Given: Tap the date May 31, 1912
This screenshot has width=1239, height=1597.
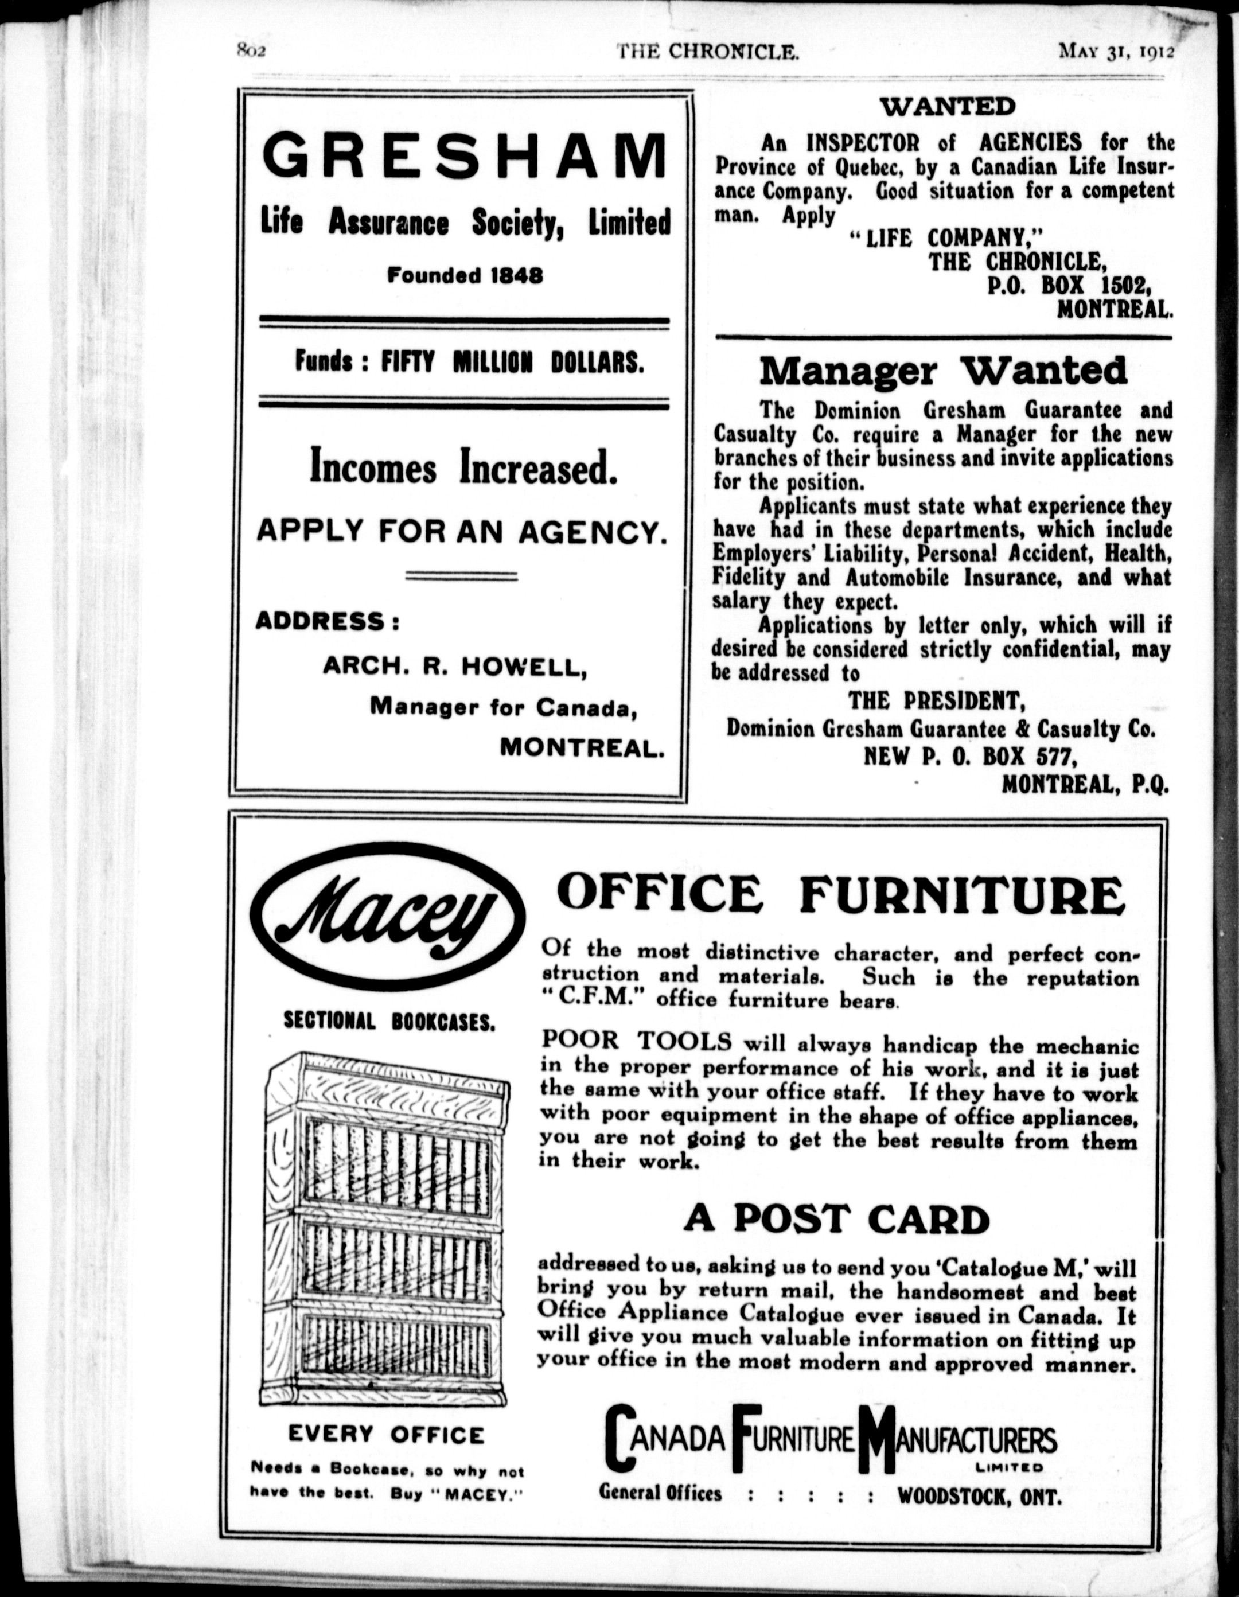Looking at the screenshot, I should [1116, 52].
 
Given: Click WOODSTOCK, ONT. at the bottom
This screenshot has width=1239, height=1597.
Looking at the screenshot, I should [979, 1495].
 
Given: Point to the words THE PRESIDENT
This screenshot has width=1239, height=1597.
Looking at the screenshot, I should [937, 701].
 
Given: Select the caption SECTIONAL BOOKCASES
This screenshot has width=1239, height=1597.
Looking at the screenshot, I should [388, 1022].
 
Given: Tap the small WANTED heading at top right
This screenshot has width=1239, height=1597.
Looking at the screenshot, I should [947, 107].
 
